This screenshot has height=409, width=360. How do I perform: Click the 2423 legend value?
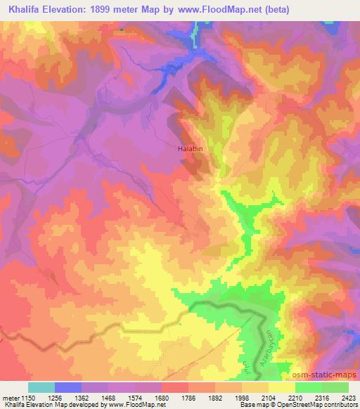(349, 397)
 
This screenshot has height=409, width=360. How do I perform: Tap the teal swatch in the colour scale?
(41, 387)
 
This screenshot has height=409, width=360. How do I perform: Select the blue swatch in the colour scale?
(67, 387)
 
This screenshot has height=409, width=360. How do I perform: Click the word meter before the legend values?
(10, 397)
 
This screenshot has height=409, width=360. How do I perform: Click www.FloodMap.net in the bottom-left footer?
(136, 405)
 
